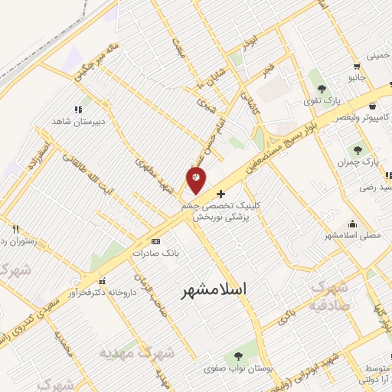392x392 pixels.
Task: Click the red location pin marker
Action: pos(197,181)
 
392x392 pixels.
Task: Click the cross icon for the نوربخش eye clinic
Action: pos(222,194)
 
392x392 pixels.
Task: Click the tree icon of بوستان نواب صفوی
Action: pos(237,357)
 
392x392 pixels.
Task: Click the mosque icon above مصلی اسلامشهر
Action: pos(352,224)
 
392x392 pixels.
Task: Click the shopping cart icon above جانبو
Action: pos(357,66)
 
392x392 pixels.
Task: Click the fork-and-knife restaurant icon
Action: pos(15,229)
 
